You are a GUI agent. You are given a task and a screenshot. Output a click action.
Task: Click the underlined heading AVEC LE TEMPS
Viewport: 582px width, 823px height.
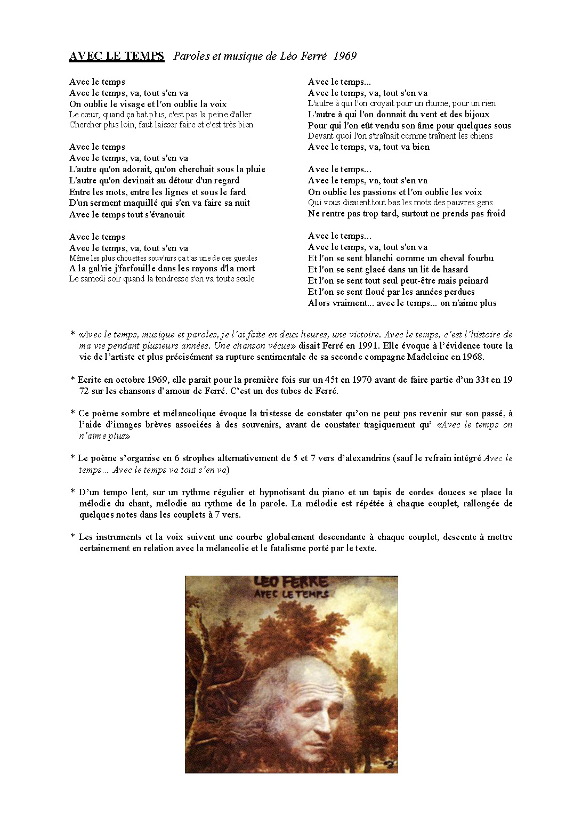116,56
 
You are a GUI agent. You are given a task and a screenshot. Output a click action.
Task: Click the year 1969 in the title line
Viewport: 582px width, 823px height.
345,56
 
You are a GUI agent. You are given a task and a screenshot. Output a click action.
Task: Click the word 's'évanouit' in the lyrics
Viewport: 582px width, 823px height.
165,215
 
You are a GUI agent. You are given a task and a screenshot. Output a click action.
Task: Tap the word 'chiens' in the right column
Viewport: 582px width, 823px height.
480,136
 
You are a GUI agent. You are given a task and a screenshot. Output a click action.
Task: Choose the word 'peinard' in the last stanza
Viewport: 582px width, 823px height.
470,280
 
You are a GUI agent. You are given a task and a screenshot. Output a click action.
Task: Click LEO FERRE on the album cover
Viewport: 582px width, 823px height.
290,582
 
